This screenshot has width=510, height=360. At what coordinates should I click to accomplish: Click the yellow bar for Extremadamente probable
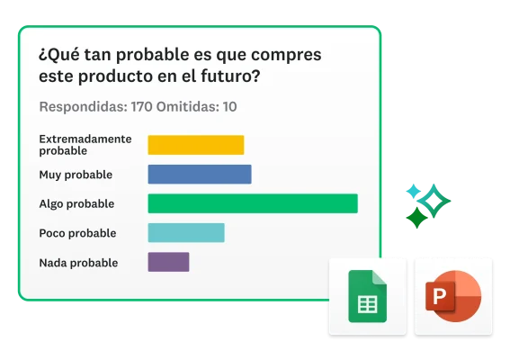click(195, 145)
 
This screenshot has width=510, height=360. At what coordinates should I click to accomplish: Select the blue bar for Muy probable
click(199, 175)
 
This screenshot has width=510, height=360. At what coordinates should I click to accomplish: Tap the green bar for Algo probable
click(252, 203)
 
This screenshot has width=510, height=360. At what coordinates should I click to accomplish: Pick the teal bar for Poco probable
click(185, 233)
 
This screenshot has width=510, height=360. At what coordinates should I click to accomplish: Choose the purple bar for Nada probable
click(168, 262)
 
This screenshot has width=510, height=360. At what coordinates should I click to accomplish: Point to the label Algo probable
click(76, 204)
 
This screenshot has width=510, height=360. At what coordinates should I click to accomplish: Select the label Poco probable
click(77, 233)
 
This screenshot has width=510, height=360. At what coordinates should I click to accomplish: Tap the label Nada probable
click(78, 263)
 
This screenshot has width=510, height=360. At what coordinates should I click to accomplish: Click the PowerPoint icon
click(453, 297)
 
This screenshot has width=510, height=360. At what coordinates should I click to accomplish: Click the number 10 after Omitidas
click(229, 107)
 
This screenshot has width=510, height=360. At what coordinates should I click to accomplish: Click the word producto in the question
click(112, 77)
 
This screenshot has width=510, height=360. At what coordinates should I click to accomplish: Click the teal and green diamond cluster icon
click(425, 203)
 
